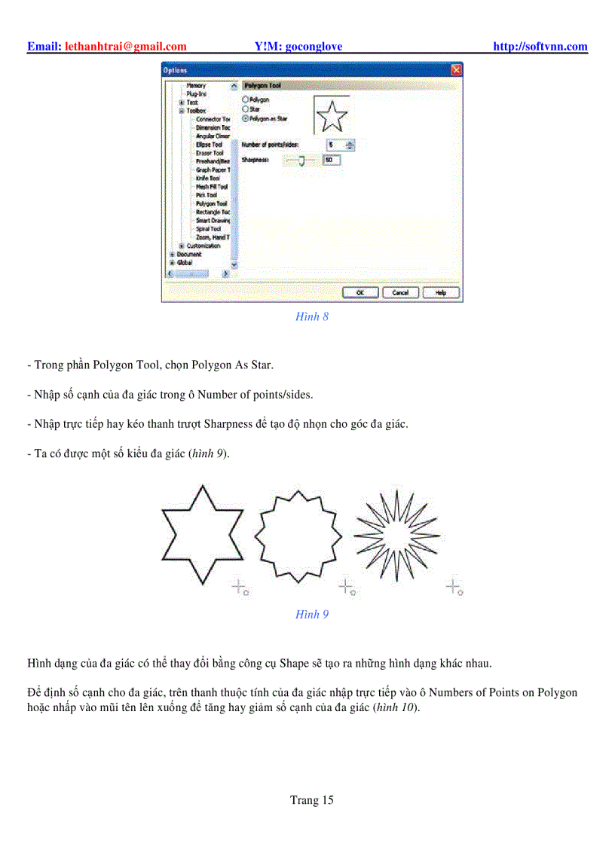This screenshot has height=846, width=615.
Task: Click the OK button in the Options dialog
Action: (x=360, y=292)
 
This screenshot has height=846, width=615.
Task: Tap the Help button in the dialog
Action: (x=441, y=292)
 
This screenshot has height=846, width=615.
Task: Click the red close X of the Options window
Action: (x=456, y=70)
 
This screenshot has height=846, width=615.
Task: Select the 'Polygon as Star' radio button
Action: (x=245, y=118)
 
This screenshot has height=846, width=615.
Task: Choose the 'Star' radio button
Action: (x=245, y=109)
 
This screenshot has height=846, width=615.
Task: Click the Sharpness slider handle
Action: (x=301, y=160)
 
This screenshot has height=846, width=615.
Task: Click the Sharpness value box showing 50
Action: (x=332, y=160)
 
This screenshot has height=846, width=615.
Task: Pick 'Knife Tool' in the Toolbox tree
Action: (x=208, y=179)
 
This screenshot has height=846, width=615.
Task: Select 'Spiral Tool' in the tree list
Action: (x=208, y=228)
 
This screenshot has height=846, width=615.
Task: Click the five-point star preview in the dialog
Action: (x=332, y=116)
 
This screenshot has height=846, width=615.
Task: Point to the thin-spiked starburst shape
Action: (x=396, y=534)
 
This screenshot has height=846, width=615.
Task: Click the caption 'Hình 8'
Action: (x=312, y=316)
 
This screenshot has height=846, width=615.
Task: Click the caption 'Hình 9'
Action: (x=312, y=614)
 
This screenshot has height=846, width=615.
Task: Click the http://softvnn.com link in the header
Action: (x=540, y=47)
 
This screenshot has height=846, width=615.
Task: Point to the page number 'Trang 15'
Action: (x=311, y=800)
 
